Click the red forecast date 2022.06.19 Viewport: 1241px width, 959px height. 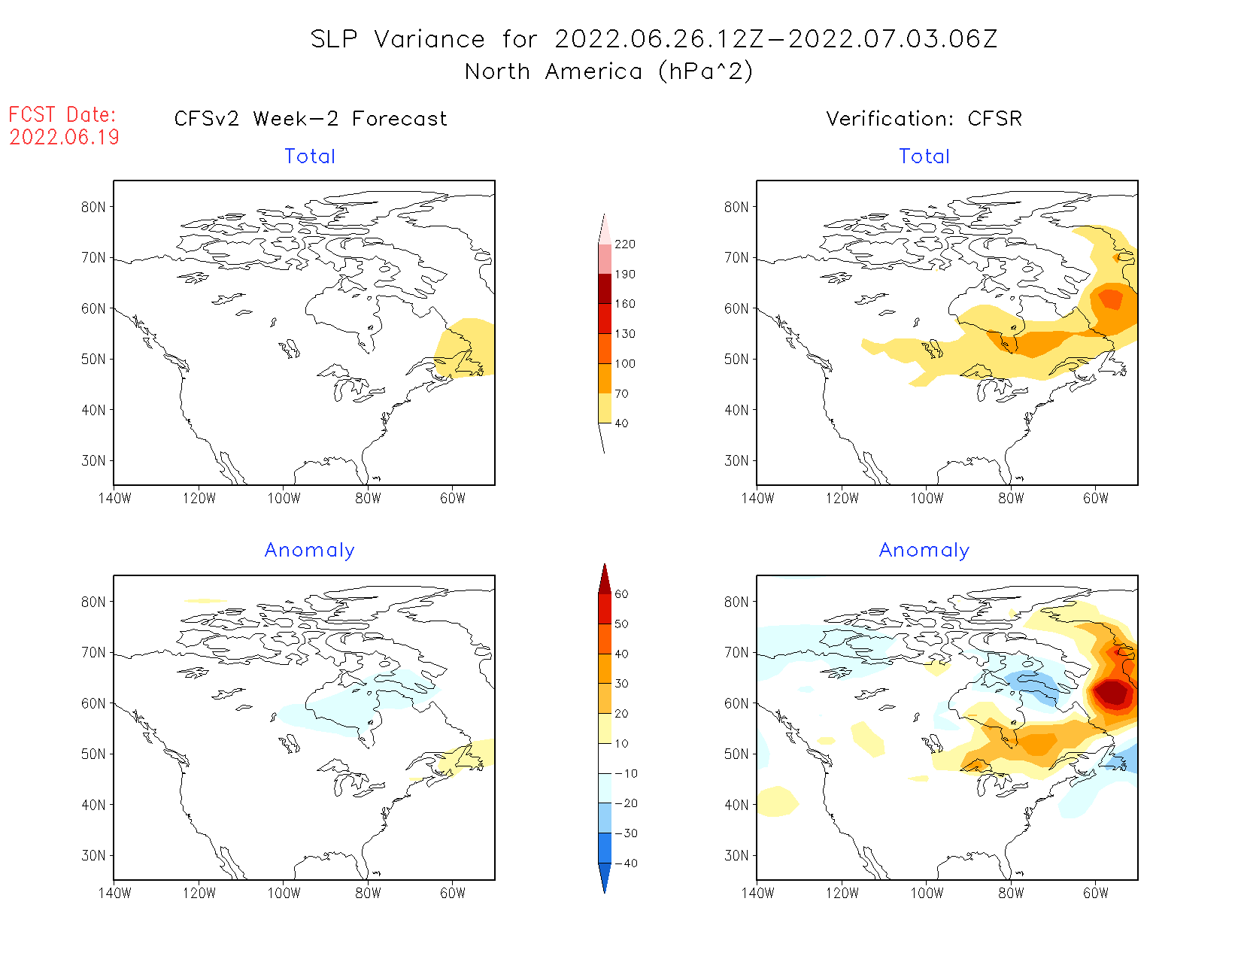64,137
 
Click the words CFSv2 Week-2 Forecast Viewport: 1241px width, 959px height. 311,119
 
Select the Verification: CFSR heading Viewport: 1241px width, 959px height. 924,119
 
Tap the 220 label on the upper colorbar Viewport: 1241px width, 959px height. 624,244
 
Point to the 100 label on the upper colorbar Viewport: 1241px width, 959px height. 624,363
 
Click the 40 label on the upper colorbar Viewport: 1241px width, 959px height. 621,423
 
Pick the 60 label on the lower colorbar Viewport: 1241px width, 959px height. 621,594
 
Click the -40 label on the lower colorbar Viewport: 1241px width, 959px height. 626,863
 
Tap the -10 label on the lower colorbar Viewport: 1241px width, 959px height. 626,773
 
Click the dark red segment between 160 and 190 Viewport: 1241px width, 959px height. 605,289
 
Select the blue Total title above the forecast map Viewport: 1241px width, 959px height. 310,156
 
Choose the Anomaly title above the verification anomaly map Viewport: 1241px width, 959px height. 924,551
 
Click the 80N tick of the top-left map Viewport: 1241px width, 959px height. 93,207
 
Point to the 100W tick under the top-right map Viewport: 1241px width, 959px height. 927,498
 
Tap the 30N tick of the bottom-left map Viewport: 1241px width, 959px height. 93,855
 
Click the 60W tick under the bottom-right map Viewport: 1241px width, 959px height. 1096,893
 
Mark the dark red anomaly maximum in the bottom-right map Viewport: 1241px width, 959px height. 1112,693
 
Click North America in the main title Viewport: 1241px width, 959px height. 553,71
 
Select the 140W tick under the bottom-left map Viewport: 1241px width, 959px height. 114,893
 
